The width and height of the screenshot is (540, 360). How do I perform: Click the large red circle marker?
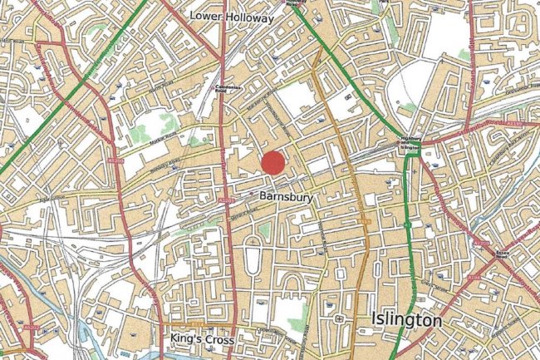(x=273, y=163)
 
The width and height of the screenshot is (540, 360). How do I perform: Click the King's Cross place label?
(x=201, y=339)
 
